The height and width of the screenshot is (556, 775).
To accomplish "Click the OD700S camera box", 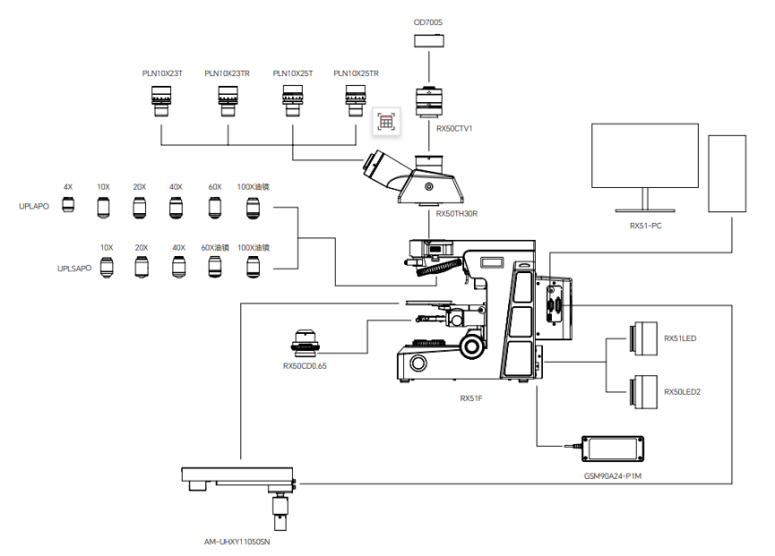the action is click(x=429, y=40).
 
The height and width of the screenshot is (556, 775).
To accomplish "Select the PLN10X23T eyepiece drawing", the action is click(x=161, y=101).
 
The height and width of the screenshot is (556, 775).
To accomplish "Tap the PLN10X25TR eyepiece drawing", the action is click(x=356, y=101).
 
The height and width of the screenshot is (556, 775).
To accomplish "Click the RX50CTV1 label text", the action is click(x=454, y=128).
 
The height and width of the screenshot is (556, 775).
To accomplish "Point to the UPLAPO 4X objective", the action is click(x=68, y=204).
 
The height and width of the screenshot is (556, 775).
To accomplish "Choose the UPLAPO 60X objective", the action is click(x=214, y=208).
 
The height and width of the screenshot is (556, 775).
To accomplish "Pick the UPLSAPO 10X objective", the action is click(x=107, y=268).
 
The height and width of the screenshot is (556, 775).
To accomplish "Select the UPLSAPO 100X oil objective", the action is click(x=253, y=268).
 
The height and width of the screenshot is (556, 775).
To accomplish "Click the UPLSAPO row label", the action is click(x=74, y=268).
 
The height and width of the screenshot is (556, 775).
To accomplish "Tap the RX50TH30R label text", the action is click(x=457, y=214).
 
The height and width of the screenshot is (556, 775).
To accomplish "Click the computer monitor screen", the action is click(x=645, y=156).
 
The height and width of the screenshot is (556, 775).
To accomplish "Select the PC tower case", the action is click(x=727, y=174).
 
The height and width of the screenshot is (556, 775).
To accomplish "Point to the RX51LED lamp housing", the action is click(x=643, y=338).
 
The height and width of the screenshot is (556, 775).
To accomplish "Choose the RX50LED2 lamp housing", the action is click(x=643, y=392).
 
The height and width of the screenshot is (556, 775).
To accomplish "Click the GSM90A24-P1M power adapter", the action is click(x=613, y=449).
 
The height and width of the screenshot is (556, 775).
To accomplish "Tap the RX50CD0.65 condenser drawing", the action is click(x=305, y=343).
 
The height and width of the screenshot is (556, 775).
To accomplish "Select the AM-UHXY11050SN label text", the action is click(x=237, y=542).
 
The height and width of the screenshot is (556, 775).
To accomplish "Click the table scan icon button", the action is click(x=386, y=122).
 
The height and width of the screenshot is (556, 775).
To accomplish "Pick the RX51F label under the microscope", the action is click(x=471, y=398).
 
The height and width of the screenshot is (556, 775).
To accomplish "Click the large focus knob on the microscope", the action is click(x=471, y=346).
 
